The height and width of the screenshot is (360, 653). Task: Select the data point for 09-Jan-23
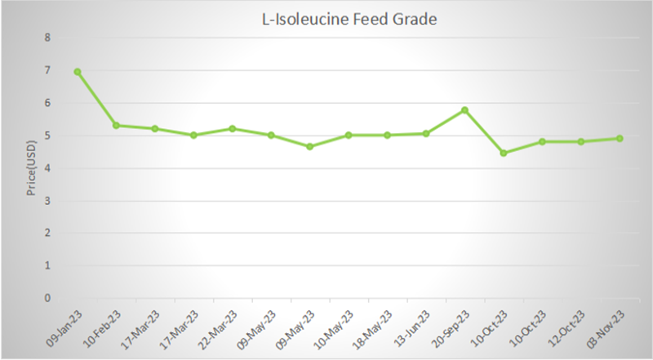tap(78, 72)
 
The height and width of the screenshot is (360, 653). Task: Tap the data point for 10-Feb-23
tap(117, 125)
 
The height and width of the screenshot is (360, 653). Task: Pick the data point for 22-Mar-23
tap(233, 128)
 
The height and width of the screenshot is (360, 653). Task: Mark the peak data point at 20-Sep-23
tap(464, 109)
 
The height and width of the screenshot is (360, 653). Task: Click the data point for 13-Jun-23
tap(426, 133)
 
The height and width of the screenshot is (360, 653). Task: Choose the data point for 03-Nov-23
tap(620, 138)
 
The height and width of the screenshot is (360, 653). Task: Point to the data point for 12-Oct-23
tap(580, 141)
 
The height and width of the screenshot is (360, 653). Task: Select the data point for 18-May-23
tap(387, 135)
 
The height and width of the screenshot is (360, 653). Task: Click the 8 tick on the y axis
tap(47, 38)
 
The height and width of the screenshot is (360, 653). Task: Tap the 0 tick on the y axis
tap(47, 298)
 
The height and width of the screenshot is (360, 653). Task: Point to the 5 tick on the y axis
tap(47, 136)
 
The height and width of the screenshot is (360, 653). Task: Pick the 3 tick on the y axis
tap(47, 201)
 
